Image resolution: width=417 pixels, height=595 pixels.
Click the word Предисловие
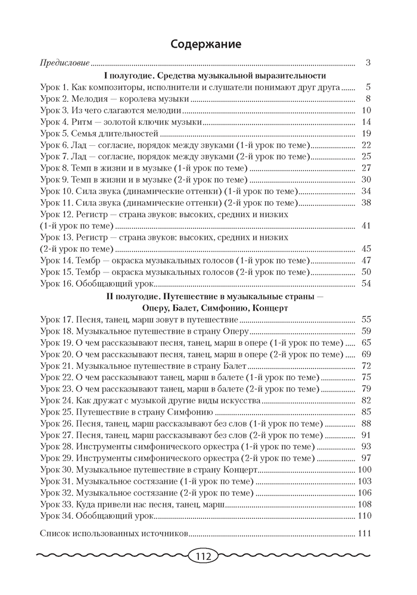click(x=64, y=62)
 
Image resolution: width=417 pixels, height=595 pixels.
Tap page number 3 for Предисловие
click(x=369, y=62)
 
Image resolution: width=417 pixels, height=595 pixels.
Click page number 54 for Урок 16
click(x=366, y=283)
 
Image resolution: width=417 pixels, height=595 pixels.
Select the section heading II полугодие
click(x=207, y=296)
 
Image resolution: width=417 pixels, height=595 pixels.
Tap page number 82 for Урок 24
click(x=366, y=400)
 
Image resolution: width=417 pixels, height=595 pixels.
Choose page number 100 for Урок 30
click(x=365, y=469)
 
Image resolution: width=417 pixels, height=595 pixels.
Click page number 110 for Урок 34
click(x=365, y=515)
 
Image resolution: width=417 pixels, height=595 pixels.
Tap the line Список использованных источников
click(x=113, y=534)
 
